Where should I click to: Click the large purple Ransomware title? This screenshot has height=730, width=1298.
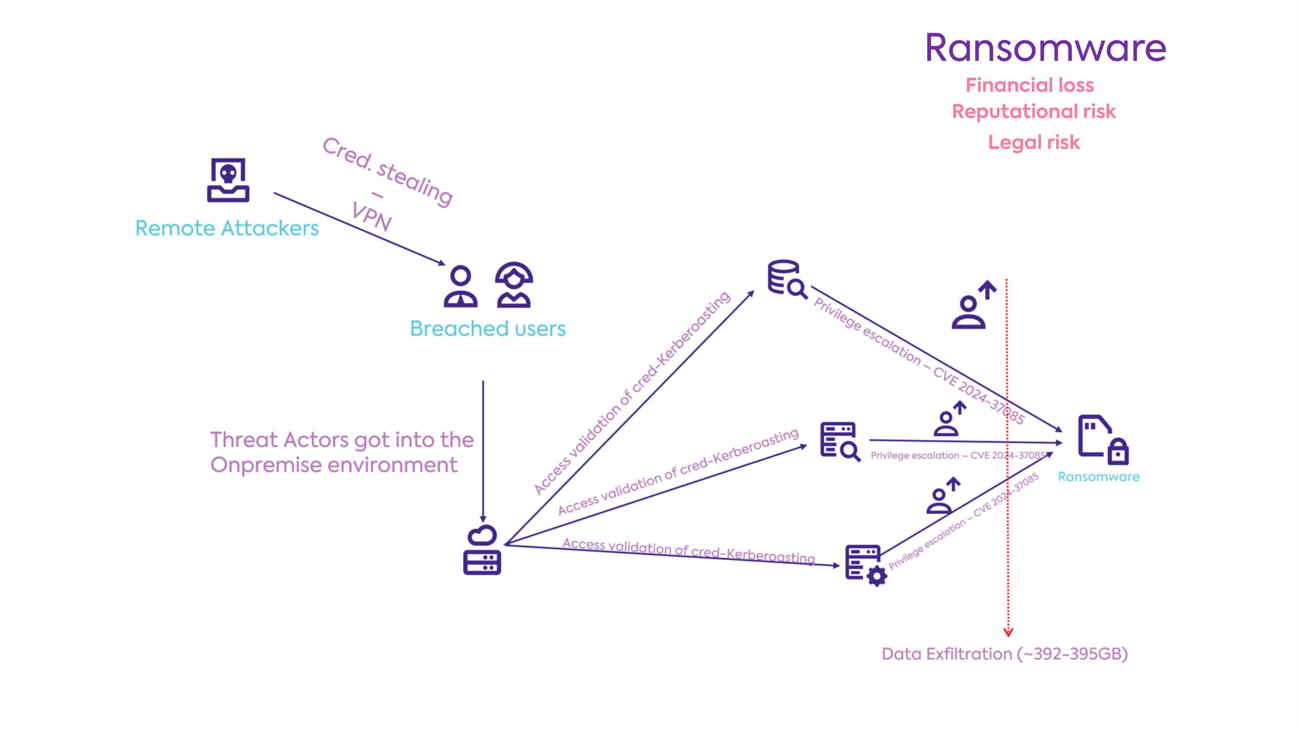pos(1045,48)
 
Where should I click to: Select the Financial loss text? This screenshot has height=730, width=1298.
pos(1029,85)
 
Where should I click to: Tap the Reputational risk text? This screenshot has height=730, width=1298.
pos(1033,111)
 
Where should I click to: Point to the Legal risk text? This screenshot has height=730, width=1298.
pos(1033,143)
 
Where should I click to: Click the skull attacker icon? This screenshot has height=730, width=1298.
pos(228,180)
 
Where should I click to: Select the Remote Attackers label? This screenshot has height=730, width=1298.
pos(227,228)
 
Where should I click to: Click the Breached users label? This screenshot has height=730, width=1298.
pos(487,328)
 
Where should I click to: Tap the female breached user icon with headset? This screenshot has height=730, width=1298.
pos(513,285)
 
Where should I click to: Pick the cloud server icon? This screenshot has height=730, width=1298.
pos(482,550)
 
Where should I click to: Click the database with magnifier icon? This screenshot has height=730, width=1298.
pos(786,278)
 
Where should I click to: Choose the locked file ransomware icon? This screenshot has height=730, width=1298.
pos(1102,440)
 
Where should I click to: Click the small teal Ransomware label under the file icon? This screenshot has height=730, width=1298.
pos(1098,476)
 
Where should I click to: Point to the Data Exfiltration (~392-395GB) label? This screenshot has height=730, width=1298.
pos(1004,654)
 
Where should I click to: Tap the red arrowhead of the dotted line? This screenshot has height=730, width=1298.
pos(1008,633)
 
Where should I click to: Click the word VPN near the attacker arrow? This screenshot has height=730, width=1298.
pos(371,217)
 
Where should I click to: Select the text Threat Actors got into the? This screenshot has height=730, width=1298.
pos(342,440)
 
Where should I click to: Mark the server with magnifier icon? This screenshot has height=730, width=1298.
pos(840,441)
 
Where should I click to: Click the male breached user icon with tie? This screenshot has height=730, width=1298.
pos(460,287)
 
